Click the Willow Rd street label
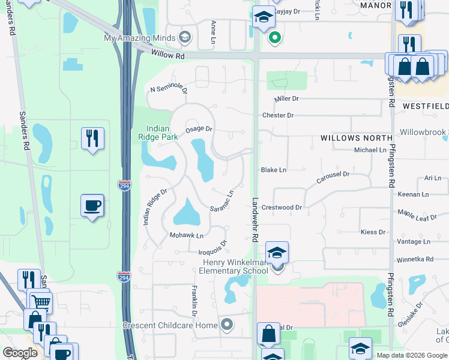pyautogui.click(x=168, y=56)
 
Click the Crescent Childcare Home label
pyautogui.click(x=169, y=325)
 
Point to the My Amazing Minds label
pyautogui.click(x=140, y=38)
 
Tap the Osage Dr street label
pyautogui.click(x=199, y=129)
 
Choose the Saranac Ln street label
pyautogui.click(x=221, y=201)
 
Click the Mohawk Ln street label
pyautogui.click(x=187, y=235)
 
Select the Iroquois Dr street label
pyautogui.click(x=213, y=247)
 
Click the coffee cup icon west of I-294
pyautogui.click(x=92, y=206)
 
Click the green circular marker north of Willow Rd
pyautogui.click(x=275, y=38)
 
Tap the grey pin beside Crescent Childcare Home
pyautogui.click(x=226, y=325)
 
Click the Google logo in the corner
pyautogui.click(x=20, y=353)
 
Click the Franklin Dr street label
pyautogui.click(x=194, y=302)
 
